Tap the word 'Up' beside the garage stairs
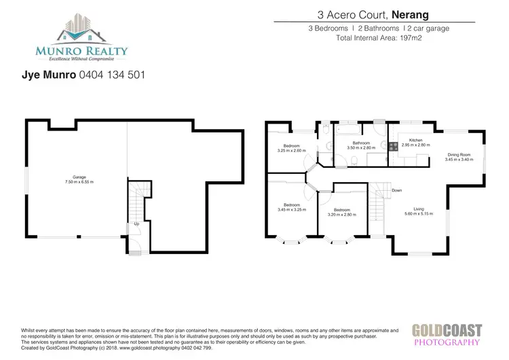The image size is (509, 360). (137, 223)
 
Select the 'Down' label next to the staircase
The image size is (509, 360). (396, 190)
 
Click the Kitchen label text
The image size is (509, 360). (407, 141)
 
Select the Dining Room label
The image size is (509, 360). (458, 155)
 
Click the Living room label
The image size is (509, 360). (417, 209)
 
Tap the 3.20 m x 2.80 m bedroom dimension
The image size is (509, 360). (341, 215)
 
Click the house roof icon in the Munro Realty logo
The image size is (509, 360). (81, 29)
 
